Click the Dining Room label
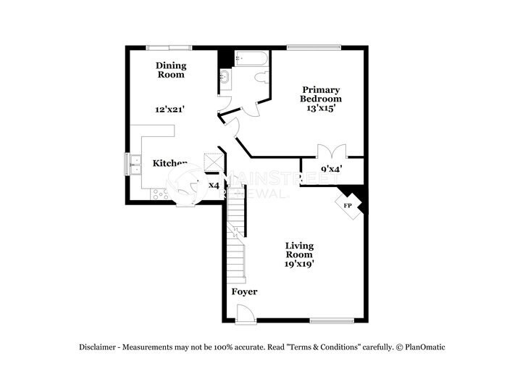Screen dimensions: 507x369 click(171, 70)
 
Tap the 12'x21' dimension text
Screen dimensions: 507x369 click(170, 109)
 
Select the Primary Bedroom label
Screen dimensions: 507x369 click(322, 94)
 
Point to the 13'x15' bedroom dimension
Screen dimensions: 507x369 click(322, 107)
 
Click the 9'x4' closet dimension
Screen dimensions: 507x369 click(332, 170)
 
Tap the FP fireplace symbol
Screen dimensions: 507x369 click(348, 204)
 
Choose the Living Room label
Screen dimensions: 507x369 click(298, 249)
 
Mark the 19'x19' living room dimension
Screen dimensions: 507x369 click(298, 264)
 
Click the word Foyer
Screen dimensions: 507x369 click(244, 291)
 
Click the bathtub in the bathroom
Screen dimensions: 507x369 click(251, 58)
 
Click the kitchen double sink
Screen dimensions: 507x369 click(134, 165)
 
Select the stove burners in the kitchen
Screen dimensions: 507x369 click(159, 194)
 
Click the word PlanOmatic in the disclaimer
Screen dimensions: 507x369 click(424, 347)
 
